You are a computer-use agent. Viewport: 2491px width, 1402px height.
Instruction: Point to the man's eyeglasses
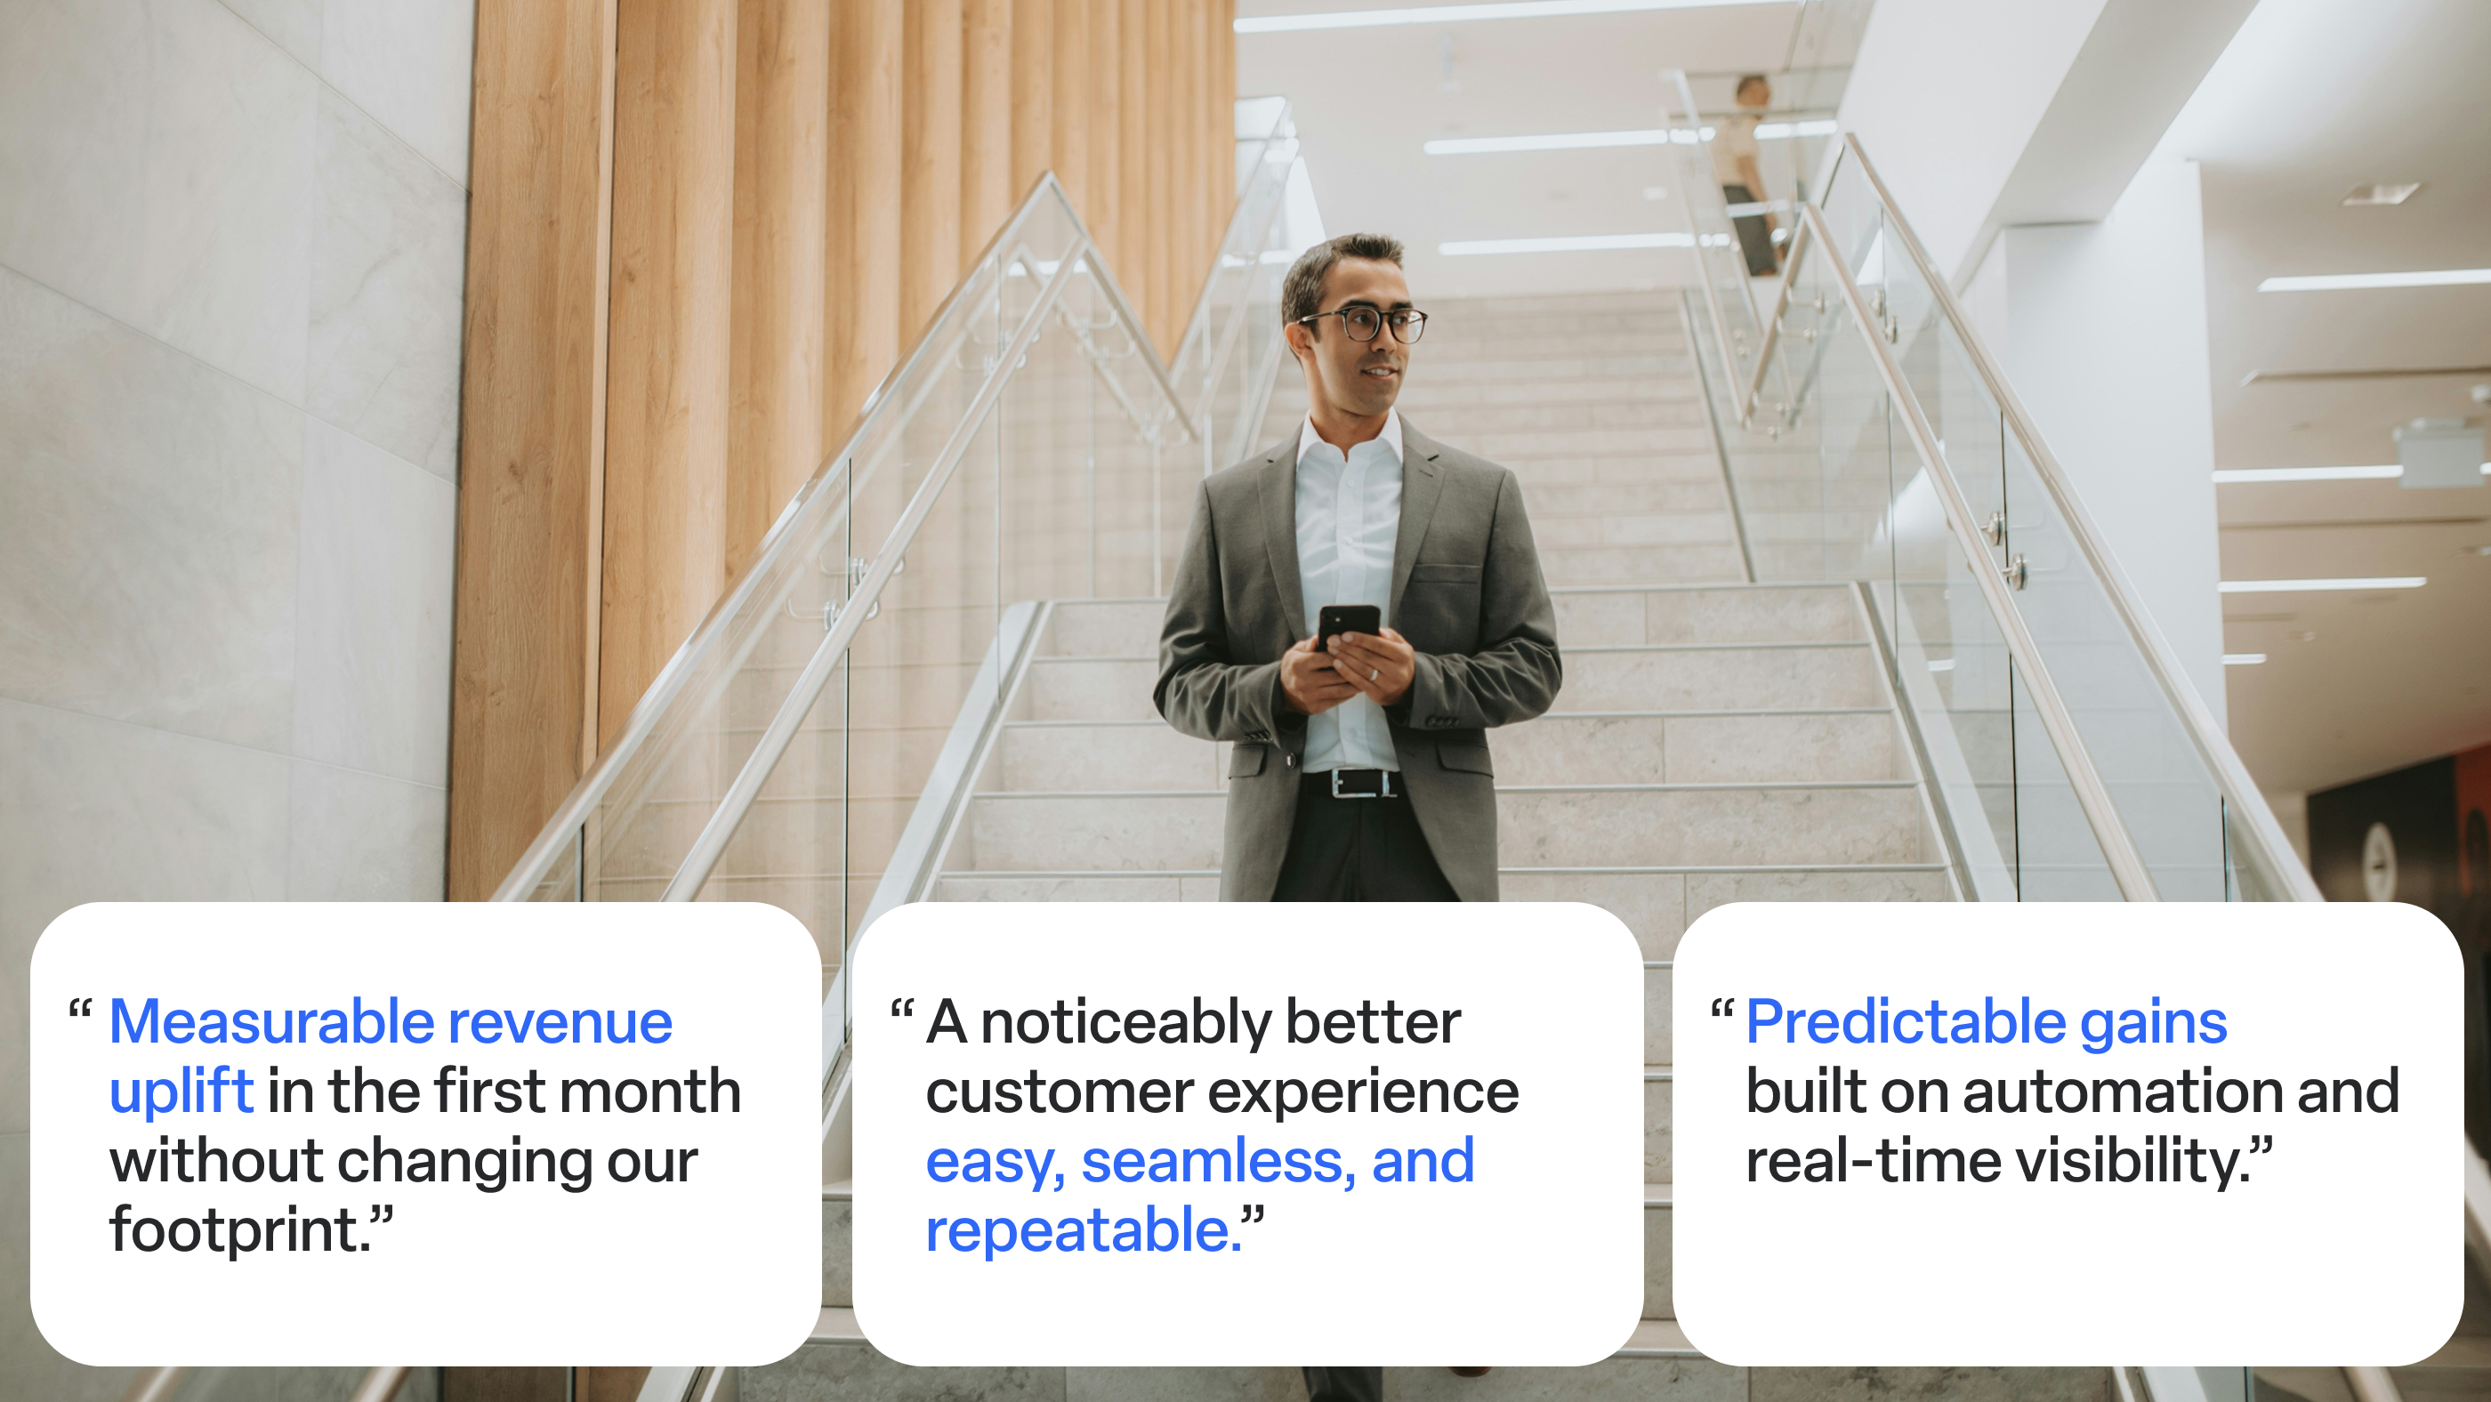coord(1365,324)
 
